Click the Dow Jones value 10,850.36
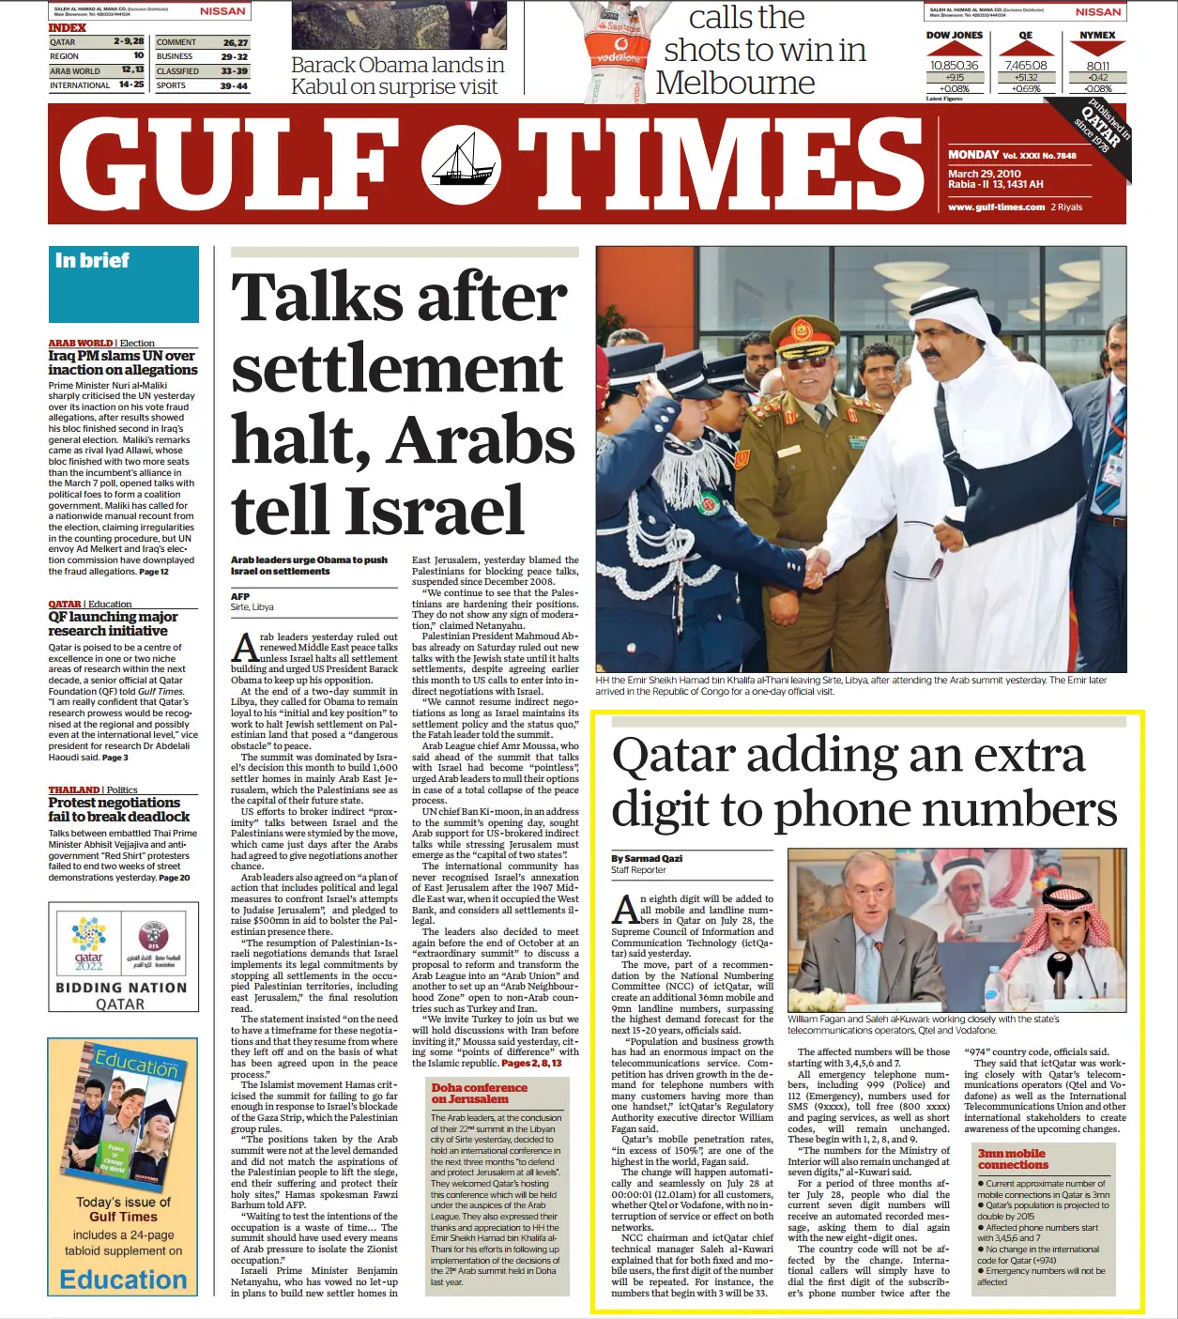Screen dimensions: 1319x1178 click(954, 66)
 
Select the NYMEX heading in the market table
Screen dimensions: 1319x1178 click(1096, 36)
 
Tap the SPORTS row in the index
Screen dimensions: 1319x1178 click(202, 85)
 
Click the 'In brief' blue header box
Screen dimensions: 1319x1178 click(124, 284)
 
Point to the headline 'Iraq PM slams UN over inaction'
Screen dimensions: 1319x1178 click(123, 363)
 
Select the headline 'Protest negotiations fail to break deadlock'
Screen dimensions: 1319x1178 click(119, 810)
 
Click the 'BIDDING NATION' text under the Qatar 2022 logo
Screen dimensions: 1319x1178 click(121, 988)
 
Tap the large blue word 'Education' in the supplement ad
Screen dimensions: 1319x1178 click(123, 1280)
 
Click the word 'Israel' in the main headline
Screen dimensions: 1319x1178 click(435, 511)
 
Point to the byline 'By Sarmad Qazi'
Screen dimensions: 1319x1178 click(647, 858)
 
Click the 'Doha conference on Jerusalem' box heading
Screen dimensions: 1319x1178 click(479, 1093)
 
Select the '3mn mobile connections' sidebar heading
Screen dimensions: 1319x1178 click(1012, 1158)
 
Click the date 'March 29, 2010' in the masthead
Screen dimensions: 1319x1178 click(984, 174)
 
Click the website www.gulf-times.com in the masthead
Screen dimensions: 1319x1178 click(996, 207)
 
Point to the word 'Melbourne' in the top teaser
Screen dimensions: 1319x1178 click(735, 83)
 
